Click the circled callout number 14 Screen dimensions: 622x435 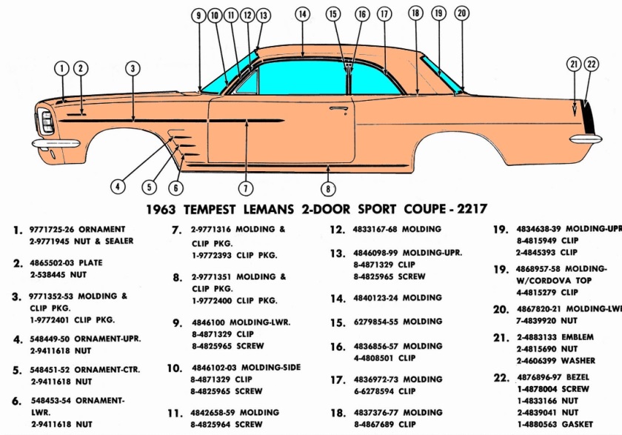click(x=303, y=14)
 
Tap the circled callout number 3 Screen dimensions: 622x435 click(x=133, y=69)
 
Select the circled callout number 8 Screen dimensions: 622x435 click(x=328, y=189)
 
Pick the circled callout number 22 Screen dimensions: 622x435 click(x=592, y=64)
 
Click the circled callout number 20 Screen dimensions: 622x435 click(x=462, y=13)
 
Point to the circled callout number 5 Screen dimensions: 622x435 click(x=149, y=187)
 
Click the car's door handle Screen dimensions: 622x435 click(x=338, y=108)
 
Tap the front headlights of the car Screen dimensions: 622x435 click(x=47, y=122)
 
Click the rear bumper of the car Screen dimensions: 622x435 click(x=586, y=139)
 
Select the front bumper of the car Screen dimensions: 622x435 click(x=56, y=143)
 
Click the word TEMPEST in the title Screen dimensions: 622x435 click(x=210, y=209)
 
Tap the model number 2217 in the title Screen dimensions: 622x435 click(x=472, y=208)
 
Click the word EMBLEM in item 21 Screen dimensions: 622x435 click(x=578, y=337)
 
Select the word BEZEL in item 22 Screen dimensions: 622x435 click(x=578, y=377)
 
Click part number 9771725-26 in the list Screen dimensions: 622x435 click(x=52, y=230)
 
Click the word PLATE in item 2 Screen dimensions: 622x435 click(x=90, y=263)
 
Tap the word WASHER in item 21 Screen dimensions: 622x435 click(x=578, y=361)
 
